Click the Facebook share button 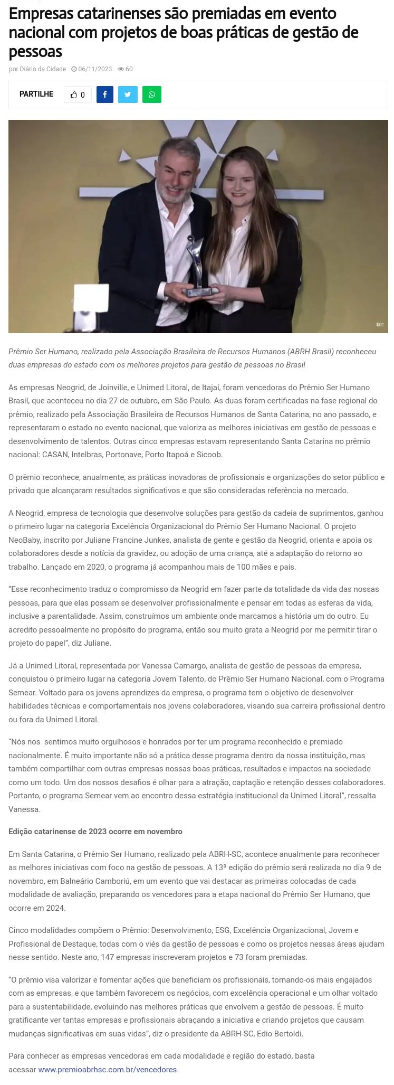point(105,95)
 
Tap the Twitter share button point(128,95)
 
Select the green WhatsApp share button point(152,95)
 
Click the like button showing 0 point(78,95)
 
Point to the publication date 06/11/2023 point(94,69)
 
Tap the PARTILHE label point(36,94)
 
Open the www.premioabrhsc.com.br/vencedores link point(108,1069)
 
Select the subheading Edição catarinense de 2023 point(95,831)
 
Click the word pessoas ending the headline point(35,52)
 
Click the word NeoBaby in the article point(24,540)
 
